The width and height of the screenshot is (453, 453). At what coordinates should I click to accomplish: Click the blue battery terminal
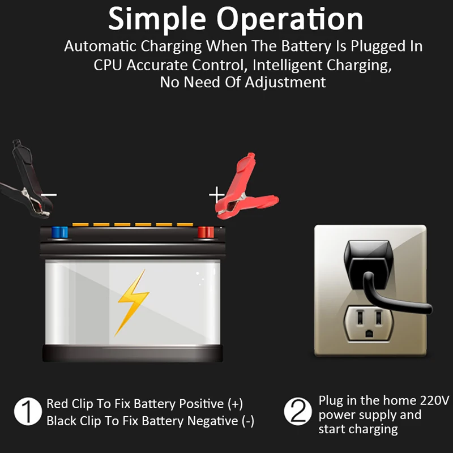60,232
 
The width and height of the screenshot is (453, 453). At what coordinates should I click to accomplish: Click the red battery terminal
206,232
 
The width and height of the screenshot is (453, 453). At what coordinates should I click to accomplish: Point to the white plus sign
216,195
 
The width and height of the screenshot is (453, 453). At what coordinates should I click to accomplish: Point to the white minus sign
49,195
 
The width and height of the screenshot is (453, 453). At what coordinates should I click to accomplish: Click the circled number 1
28,412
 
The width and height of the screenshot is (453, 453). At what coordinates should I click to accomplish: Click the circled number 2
298,412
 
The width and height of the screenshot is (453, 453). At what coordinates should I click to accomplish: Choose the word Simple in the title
157,20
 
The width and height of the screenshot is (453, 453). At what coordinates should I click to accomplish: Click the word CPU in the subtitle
108,65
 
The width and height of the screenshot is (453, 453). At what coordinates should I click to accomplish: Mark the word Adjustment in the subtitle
285,83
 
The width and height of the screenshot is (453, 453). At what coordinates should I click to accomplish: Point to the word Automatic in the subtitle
100,46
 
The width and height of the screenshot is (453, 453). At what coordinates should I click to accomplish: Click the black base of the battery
133,353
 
